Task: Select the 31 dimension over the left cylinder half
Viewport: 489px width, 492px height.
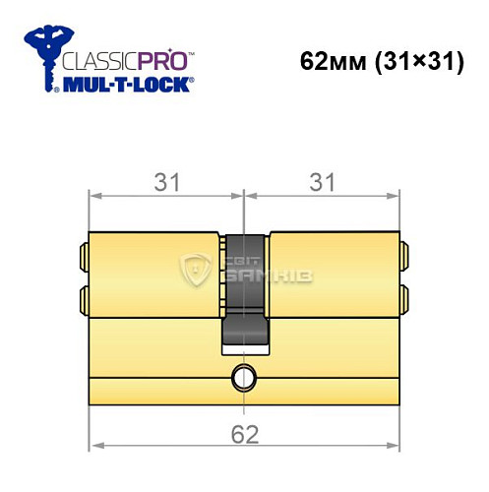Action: point(165,182)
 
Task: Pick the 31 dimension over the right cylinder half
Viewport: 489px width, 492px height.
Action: point(323,182)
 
